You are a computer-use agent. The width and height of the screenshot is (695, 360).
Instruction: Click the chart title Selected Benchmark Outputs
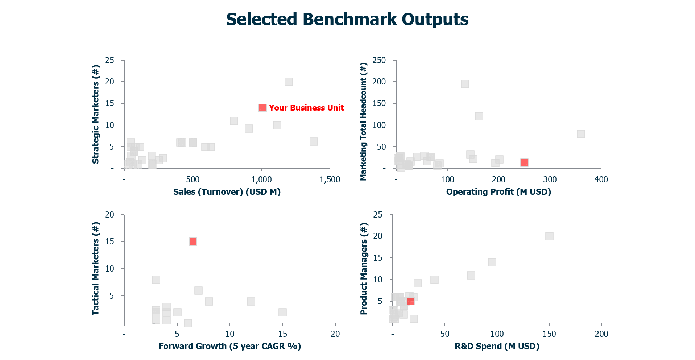click(347, 19)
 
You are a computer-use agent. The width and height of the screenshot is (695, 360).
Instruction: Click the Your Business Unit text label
click(306, 108)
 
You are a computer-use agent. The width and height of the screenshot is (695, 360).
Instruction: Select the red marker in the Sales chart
click(263, 108)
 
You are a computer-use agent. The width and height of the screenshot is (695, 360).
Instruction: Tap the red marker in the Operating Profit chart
click(524, 162)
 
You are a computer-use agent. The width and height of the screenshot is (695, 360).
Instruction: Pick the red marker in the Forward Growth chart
click(193, 241)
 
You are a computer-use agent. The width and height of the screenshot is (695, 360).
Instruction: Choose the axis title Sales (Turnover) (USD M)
click(227, 192)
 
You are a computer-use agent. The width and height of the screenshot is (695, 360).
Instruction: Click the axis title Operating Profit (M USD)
click(498, 192)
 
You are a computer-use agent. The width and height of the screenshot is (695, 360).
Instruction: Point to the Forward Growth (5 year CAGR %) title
click(230, 346)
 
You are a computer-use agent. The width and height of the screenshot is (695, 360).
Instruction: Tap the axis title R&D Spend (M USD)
click(497, 346)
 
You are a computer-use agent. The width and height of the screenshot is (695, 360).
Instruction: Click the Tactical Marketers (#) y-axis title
click(96, 268)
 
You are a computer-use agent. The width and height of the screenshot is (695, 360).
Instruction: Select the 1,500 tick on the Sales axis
click(330, 179)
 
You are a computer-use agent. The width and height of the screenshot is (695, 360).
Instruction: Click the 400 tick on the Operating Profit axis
click(601, 179)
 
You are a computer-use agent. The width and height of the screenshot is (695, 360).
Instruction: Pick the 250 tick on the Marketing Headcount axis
click(379, 60)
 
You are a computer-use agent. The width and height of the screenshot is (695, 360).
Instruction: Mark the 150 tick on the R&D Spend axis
click(549, 334)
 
